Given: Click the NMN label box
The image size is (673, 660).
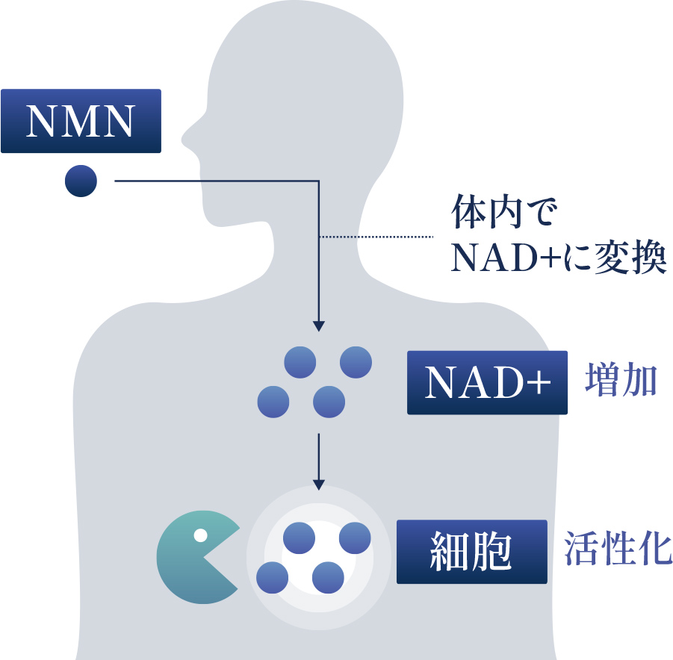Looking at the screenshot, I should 81,121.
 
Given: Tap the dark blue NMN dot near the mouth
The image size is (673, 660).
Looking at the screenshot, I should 81,181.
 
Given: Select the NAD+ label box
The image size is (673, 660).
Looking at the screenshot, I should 487,382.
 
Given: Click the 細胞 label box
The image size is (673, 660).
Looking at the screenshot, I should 471,551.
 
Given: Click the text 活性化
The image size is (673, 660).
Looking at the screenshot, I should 618,550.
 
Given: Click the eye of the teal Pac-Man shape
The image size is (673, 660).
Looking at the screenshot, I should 200,535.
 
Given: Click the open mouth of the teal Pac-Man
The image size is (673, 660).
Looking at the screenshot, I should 224,556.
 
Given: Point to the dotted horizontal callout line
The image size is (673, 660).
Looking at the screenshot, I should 377,237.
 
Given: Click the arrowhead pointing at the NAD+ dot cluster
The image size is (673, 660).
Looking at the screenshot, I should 319,326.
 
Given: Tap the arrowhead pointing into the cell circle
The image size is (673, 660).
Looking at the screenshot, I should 319,484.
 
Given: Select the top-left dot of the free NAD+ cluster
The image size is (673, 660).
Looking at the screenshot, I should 300,362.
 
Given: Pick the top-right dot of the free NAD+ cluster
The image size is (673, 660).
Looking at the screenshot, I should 356,362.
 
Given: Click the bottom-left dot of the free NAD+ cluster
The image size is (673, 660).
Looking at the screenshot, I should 273,402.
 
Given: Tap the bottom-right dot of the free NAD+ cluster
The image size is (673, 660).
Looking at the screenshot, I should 329,402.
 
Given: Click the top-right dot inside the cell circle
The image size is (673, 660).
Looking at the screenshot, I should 355,538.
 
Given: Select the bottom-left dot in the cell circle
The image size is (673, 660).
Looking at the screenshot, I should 272,577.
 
